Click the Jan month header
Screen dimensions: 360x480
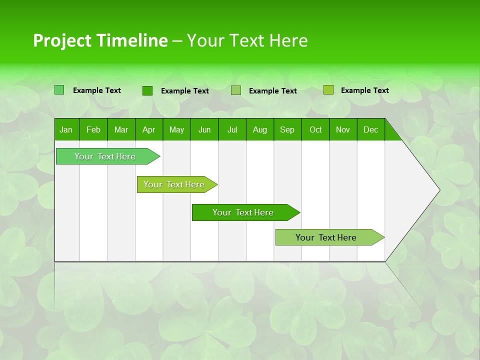coord(66,129)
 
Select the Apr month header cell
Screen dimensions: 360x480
coord(149,129)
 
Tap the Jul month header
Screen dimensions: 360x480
coord(232,129)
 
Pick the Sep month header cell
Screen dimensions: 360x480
coord(287,129)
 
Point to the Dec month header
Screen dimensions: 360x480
coord(371,129)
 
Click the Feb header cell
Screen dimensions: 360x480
coord(93,129)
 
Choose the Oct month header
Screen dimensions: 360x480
coord(315,129)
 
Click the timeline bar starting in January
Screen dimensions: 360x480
coord(105,156)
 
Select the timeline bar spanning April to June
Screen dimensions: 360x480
coord(174,184)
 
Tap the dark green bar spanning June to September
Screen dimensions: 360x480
coord(243,212)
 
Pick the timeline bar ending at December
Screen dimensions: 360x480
coord(326,237)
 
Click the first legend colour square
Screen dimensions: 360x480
coord(59,90)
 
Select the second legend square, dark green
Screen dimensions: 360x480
coord(147,90)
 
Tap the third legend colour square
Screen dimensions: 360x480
coord(236,90)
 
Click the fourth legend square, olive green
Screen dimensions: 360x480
coord(328,90)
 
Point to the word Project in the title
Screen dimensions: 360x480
coord(62,40)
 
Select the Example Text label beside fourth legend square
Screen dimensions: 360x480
coord(364,90)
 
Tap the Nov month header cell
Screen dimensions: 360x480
coord(343,129)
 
